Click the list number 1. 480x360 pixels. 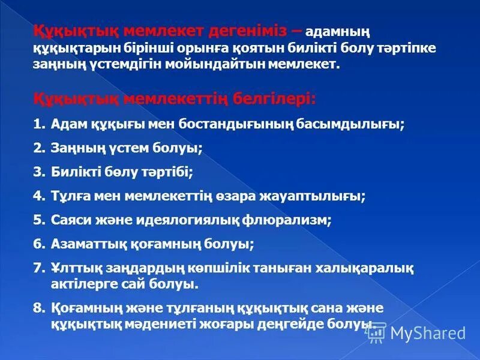[39, 124]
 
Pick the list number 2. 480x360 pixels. [39, 148]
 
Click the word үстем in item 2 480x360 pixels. [135, 148]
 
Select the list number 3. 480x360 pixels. [39, 172]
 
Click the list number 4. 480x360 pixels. [39, 196]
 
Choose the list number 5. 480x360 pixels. [39, 220]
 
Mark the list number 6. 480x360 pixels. [39, 244]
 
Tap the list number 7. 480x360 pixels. [39, 268]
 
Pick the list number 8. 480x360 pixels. [39, 308]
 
